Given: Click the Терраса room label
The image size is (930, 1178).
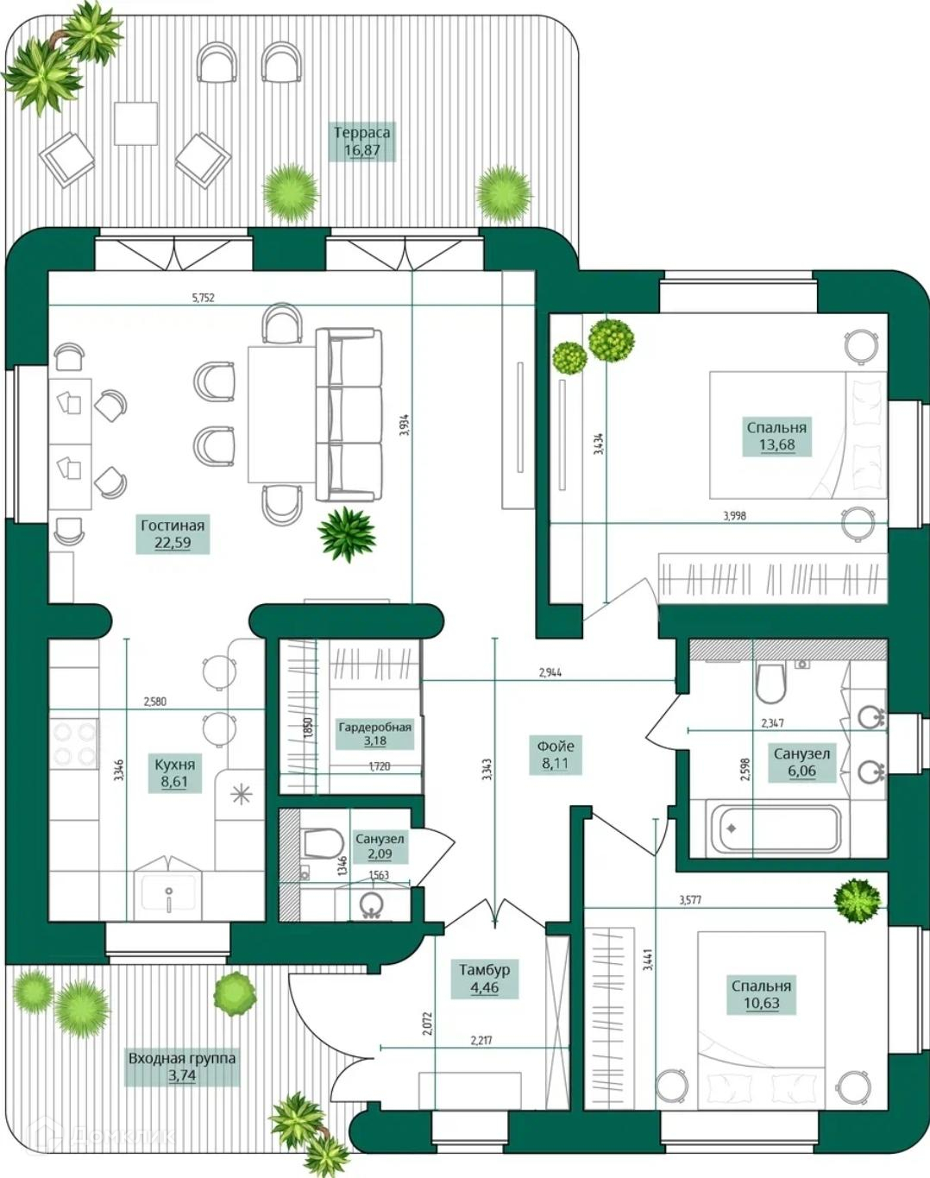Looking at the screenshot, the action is (361, 133).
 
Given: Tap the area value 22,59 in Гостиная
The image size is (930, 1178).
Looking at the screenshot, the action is (173, 544).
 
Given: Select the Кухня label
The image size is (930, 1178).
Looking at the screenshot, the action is (174, 765).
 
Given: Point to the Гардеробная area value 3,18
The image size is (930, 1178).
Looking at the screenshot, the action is (374, 740).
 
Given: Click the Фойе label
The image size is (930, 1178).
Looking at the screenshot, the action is (555, 746).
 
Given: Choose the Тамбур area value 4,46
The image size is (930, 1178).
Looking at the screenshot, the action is (484, 988).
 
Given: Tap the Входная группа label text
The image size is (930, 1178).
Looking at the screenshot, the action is (182, 1058).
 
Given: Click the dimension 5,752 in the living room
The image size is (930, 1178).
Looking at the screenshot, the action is (203, 298).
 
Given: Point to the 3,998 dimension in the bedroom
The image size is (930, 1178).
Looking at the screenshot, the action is (734, 516).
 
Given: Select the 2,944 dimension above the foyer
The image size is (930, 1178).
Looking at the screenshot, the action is (550, 672).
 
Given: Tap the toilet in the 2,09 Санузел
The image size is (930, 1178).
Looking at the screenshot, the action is (323, 843).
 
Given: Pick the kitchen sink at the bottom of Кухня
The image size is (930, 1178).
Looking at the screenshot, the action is (168, 894).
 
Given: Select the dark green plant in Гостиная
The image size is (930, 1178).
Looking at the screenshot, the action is (347, 533).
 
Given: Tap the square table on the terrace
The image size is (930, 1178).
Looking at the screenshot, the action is (135, 123).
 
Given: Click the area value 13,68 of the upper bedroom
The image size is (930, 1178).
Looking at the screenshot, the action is (776, 445).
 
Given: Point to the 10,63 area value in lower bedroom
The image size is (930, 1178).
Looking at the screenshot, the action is (761, 1004).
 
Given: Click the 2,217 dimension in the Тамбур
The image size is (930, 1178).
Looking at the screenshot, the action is (481, 1041).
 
